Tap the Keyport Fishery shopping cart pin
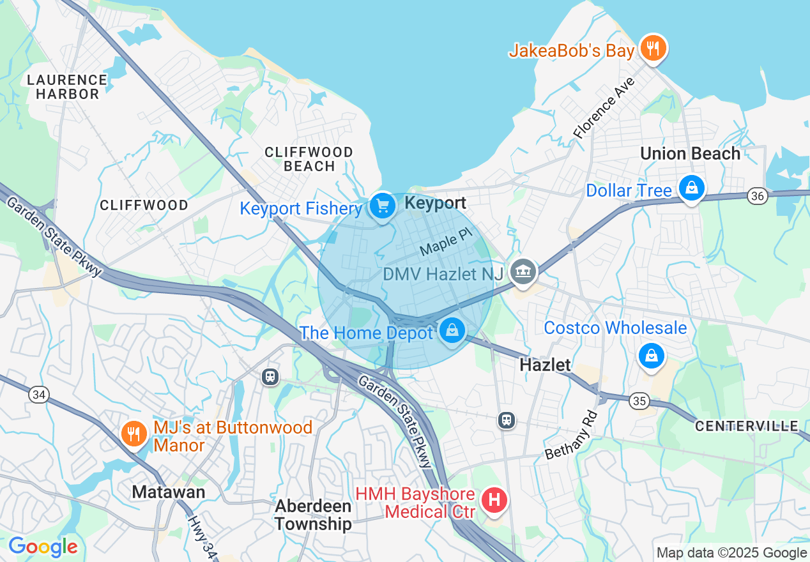click(x=382, y=206)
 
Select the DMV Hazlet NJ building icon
click(x=523, y=273)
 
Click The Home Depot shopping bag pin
click(x=452, y=331)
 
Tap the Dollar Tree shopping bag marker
click(x=691, y=188)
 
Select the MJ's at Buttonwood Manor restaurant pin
click(x=134, y=434)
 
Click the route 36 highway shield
click(x=758, y=196)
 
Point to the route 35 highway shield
click(x=639, y=401)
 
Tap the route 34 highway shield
click(x=38, y=395)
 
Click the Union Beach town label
click(x=690, y=154)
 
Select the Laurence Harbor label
click(x=67, y=87)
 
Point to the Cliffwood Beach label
click(x=309, y=159)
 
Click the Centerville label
click(x=746, y=426)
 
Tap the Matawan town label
click(x=168, y=492)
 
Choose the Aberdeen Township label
click(x=313, y=515)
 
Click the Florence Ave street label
click(x=604, y=109)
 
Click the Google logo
click(x=43, y=547)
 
